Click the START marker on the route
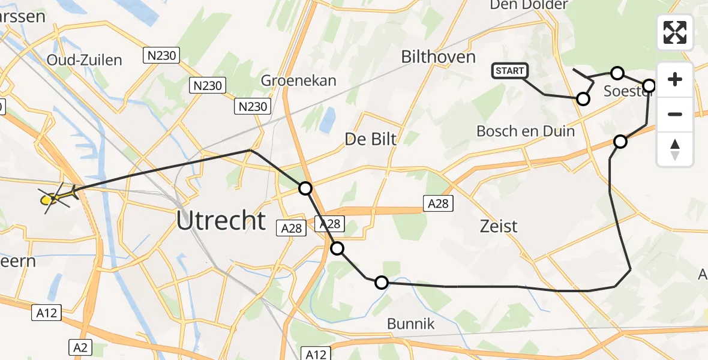(x=510, y=71)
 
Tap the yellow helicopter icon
(x=55, y=197)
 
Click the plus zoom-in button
(x=675, y=79)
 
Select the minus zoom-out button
(x=675, y=114)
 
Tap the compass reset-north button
(x=675, y=149)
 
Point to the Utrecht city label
(x=221, y=221)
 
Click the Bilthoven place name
(x=438, y=57)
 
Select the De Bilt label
(x=371, y=139)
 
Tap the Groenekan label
(x=299, y=80)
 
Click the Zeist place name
(x=499, y=226)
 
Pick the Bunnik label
(x=410, y=325)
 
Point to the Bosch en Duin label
(x=526, y=131)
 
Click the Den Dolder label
(x=529, y=5)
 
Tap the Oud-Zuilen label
(x=85, y=60)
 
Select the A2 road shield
(x=80, y=346)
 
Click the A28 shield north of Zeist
(x=437, y=203)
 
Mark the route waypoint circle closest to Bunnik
(x=382, y=282)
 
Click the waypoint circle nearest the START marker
(x=583, y=99)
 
